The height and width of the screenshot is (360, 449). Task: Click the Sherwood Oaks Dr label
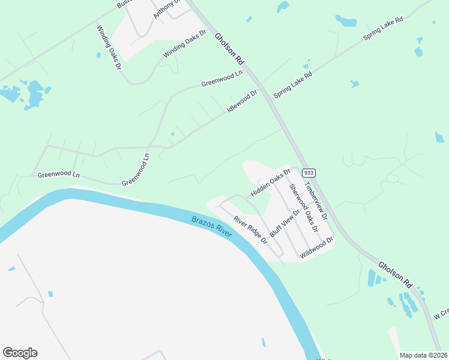point(303,207)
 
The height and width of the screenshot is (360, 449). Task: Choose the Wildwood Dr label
point(316,247)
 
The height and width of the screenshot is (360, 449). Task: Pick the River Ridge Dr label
point(250,229)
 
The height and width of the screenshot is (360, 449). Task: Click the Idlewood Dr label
point(242,102)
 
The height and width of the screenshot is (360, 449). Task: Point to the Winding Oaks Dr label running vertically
point(110,47)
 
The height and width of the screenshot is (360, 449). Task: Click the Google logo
point(20,353)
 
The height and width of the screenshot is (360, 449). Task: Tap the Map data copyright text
point(424,355)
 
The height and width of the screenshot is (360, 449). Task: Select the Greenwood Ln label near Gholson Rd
point(221,78)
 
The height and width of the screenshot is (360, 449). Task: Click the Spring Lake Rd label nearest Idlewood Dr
point(293,86)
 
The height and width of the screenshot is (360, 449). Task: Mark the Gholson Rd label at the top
point(230,48)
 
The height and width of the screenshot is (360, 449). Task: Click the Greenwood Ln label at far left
point(58,175)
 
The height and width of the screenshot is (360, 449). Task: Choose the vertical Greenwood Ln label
point(135,169)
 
